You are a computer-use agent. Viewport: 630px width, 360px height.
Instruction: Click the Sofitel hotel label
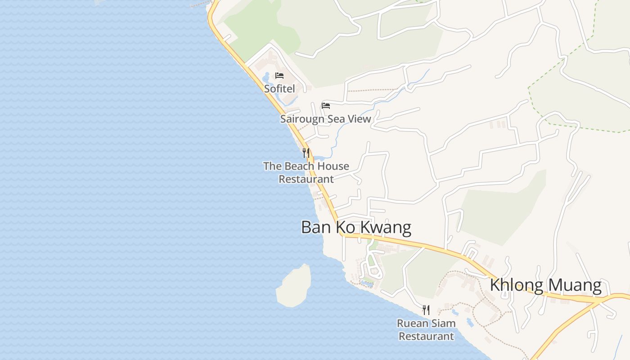(279, 89)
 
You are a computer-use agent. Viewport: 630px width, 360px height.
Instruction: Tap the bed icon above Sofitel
(279, 75)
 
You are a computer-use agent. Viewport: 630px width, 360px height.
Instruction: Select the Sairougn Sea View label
(325, 119)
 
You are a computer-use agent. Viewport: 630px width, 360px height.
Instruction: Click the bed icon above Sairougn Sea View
(326, 106)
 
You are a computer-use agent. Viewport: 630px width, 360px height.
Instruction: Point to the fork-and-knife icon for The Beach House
(306, 153)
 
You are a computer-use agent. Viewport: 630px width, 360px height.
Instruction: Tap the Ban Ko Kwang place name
(356, 227)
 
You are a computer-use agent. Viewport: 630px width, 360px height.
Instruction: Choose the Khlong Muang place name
(545, 285)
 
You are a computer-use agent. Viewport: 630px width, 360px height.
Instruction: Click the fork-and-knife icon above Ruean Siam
(426, 310)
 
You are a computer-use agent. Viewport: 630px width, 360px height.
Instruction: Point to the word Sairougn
(302, 119)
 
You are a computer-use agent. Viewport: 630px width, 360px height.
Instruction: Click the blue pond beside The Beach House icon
(320, 158)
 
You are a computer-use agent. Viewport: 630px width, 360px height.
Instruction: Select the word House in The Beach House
(333, 166)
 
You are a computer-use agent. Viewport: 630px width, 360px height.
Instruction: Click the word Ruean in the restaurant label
(411, 323)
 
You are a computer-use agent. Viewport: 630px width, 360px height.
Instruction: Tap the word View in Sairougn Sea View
(360, 119)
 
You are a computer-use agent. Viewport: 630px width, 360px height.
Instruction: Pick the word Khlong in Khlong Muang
(516, 285)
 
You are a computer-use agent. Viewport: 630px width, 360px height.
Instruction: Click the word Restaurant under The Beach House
(306, 179)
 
